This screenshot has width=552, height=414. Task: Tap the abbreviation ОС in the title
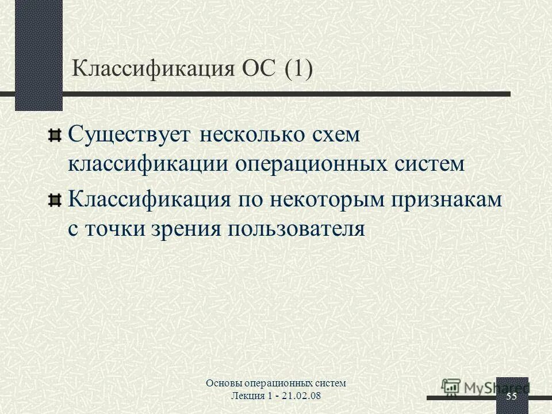258,70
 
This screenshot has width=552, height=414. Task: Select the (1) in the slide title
299,70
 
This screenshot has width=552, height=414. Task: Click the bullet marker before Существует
54,135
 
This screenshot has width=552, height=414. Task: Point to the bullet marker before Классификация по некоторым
54,200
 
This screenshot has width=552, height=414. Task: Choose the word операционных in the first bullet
310,164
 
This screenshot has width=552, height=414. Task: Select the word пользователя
297,229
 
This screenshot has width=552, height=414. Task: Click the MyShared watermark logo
483,387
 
